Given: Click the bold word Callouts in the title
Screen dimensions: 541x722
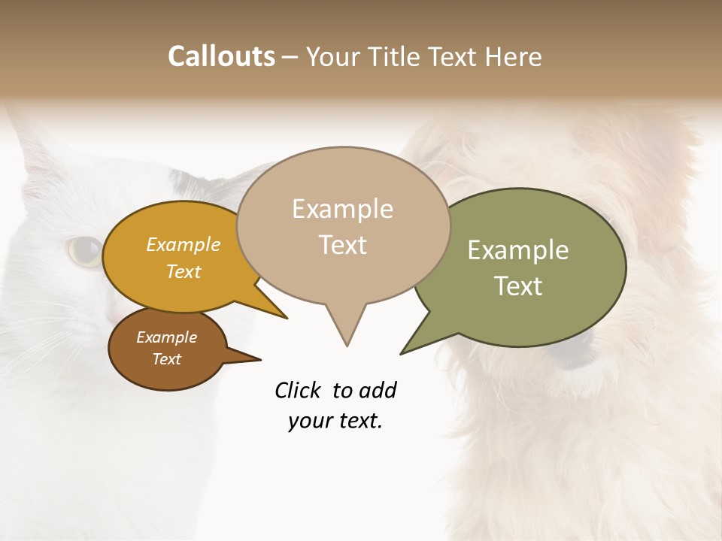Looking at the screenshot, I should pos(221,56).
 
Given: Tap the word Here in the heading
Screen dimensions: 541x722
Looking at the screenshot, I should pos(514,56).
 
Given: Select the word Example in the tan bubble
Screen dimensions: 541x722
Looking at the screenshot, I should pos(342,209).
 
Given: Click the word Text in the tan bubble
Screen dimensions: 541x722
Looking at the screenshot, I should pos(342,244).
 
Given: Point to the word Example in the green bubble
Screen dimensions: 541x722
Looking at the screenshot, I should pos(518,250).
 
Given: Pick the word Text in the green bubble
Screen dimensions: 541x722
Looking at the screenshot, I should pos(518,286).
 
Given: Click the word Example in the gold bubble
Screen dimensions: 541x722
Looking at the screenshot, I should pos(184,244).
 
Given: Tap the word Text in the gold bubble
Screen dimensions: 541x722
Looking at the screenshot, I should pos(184,271).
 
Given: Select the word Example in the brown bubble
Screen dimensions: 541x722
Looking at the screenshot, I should pos(166,337).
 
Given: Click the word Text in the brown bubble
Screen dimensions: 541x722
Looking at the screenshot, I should pos(166,359).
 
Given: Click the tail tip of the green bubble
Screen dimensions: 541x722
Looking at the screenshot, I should pos(402,352).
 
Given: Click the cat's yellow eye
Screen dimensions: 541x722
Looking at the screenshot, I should pos(85,250).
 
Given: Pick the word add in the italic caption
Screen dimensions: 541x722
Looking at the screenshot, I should pos(378,391).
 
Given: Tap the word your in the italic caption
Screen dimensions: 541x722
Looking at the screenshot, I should pos(309,421).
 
